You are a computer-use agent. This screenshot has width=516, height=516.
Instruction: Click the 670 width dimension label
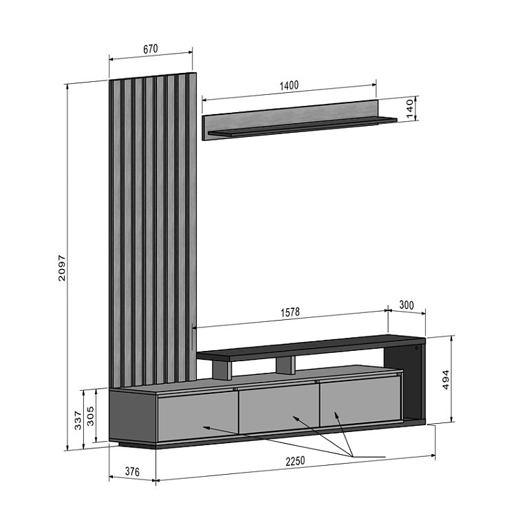(151, 49)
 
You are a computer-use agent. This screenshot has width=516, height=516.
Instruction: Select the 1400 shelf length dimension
(289, 85)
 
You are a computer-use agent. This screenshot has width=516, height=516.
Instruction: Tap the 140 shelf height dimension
(409, 108)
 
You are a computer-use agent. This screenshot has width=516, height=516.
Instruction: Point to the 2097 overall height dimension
(61, 268)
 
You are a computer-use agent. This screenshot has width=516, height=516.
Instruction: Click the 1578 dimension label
(290, 312)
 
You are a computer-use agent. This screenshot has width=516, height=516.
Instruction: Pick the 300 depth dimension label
(407, 305)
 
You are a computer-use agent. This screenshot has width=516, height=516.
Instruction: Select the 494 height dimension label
(445, 380)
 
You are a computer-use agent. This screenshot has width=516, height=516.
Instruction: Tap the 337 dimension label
(78, 420)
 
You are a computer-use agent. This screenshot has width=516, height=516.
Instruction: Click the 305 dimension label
(90, 416)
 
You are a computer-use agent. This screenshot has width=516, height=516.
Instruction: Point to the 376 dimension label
(132, 471)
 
